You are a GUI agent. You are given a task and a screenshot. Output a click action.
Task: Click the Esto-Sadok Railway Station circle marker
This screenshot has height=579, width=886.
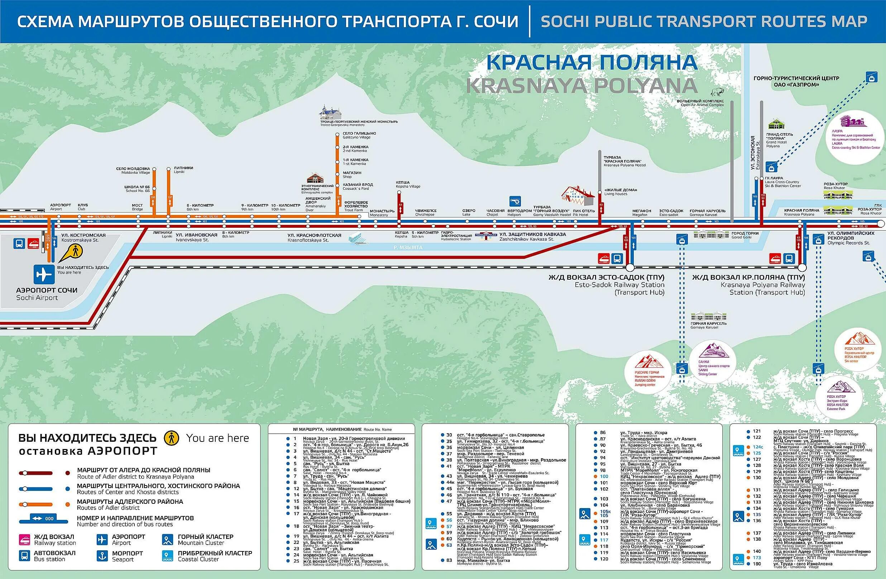coord(630,267)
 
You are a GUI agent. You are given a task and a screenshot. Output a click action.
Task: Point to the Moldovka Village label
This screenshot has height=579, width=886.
coord(133,170)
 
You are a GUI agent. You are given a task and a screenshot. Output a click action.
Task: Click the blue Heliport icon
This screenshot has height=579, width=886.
coord(515,201)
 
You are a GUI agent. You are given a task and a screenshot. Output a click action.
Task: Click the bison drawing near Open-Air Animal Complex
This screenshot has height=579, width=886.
coord(715,92)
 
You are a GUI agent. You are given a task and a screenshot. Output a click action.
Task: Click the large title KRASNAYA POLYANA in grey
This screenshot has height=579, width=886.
coord(581,86)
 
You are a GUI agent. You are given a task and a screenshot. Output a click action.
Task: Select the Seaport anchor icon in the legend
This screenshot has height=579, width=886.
coord(102,556)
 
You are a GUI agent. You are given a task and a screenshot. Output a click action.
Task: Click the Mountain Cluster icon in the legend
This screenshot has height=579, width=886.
coord(167,540)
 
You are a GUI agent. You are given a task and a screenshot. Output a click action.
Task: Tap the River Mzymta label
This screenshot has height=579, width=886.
coord(408,247)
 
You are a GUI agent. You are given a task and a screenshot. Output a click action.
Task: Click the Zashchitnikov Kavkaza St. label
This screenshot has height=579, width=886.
coord(532,235)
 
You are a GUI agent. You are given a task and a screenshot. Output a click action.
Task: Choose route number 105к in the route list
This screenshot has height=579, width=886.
coord(605,512)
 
